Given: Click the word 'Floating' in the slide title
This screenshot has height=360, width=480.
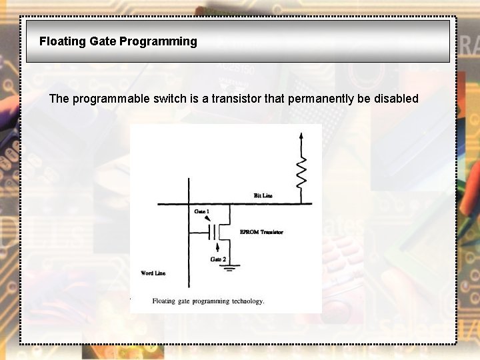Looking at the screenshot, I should click(62, 41).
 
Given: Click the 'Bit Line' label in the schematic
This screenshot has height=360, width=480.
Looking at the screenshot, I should click(263, 195).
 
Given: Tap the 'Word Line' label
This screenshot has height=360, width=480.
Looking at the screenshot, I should click(153, 273).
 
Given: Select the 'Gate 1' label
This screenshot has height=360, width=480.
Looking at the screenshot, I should click(201, 211).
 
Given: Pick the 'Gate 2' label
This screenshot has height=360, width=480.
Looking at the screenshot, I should click(218, 259).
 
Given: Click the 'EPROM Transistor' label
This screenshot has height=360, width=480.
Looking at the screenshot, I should click(261, 232).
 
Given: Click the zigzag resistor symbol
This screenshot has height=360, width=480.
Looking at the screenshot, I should click(301, 172).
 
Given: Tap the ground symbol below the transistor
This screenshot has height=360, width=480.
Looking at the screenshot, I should click(231, 267).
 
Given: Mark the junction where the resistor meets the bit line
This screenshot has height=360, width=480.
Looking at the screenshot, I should click(301, 203).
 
